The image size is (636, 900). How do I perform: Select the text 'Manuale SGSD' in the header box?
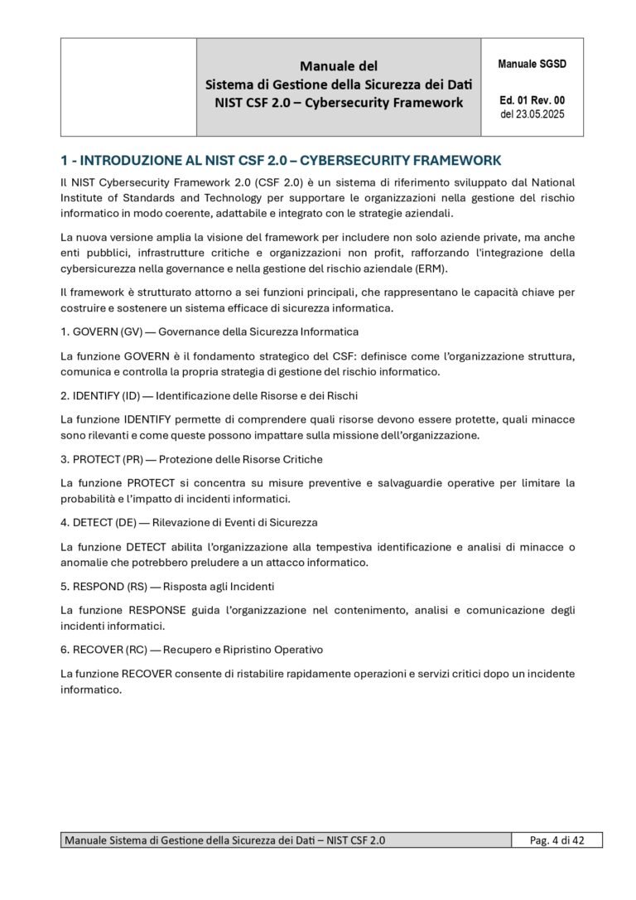[x=532, y=64]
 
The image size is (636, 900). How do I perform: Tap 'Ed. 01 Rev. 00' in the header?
[x=532, y=101]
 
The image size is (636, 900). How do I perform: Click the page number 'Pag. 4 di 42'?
[x=556, y=840]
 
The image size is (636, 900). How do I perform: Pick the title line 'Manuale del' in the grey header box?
[x=338, y=65]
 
